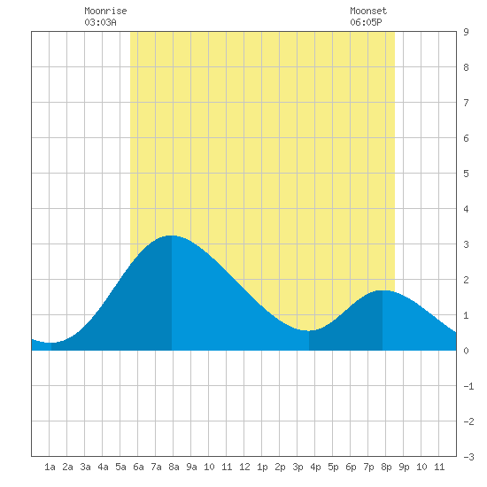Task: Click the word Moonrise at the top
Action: (105, 11)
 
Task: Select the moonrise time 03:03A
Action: (100, 22)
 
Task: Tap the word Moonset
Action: (368, 11)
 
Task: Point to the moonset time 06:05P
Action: (366, 22)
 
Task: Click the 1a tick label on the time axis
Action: (50, 467)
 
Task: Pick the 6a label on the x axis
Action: (138, 467)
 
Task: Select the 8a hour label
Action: (174, 467)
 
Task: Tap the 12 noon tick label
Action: (244, 467)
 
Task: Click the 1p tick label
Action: (262, 467)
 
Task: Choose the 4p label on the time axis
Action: (315, 467)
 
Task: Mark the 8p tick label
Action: (386, 467)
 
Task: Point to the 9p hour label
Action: (404, 467)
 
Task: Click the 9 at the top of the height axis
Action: (466, 32)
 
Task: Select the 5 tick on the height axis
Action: (466, 174)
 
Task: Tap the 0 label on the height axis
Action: (466, 351)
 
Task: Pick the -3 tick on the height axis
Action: (468, 457)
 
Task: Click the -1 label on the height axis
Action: (468, 386)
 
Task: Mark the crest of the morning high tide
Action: (172, 236)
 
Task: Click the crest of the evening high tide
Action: (383, 290)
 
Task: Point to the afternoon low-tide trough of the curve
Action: (309, 331)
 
